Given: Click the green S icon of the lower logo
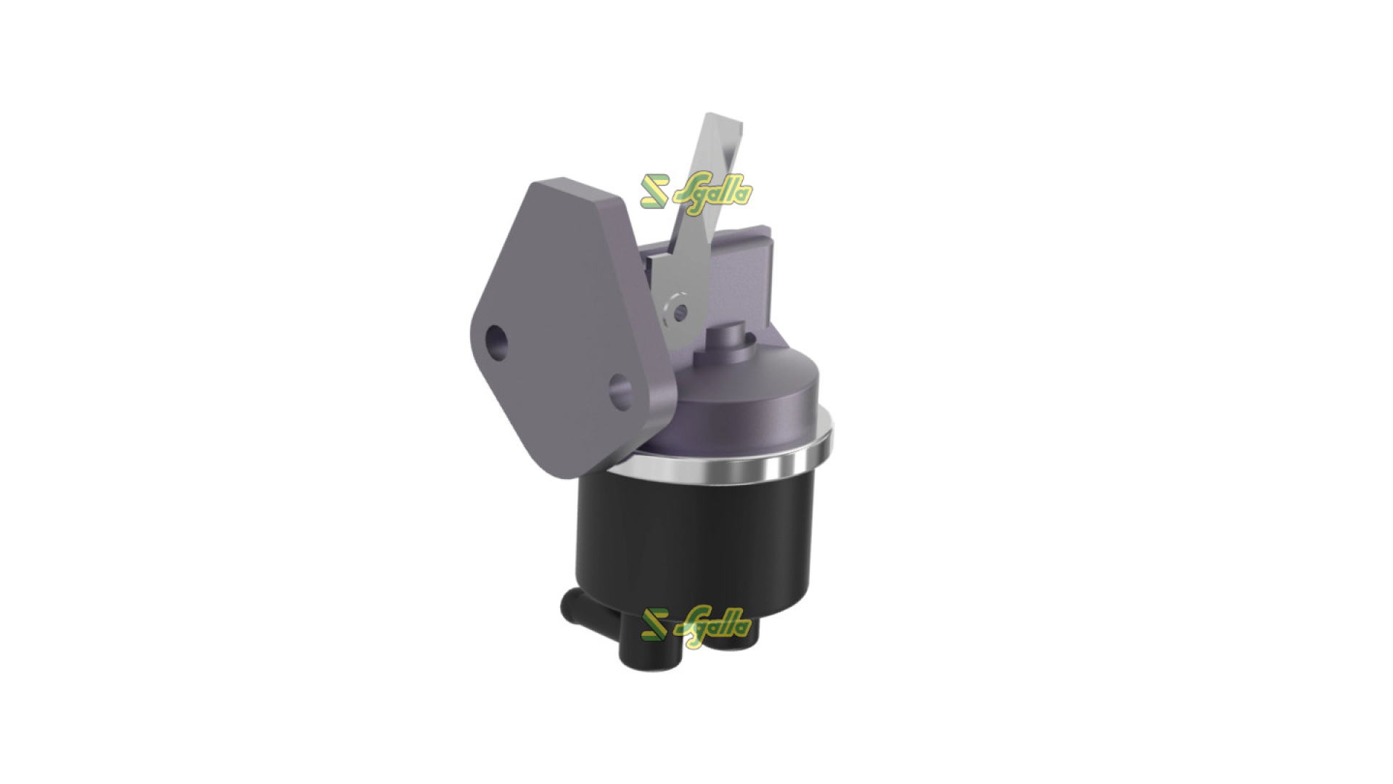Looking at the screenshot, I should pyautogui.click(x=654, y=624).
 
